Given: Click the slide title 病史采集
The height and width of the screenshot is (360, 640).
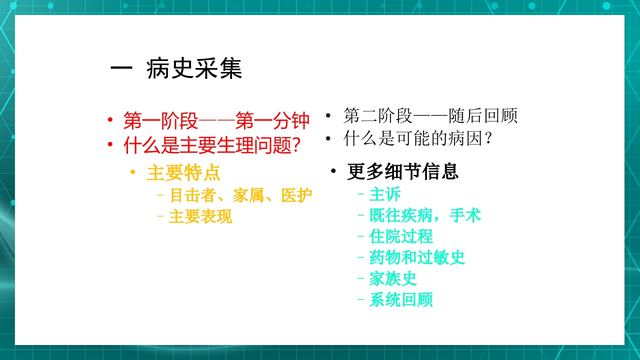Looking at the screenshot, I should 194,69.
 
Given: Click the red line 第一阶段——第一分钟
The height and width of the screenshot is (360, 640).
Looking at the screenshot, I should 216,120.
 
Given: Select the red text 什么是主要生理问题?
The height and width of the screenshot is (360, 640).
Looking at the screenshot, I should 212,146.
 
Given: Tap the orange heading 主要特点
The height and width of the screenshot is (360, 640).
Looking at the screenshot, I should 183,173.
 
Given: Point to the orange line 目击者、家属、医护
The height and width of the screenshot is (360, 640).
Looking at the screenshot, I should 241,195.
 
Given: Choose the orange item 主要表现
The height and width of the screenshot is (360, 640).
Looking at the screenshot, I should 200,217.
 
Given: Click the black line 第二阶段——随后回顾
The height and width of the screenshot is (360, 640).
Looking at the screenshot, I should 430,116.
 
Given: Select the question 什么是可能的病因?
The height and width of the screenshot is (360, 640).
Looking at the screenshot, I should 418,139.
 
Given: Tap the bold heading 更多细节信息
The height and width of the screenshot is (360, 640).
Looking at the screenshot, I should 403,172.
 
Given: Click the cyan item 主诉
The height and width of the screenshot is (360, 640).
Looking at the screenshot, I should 385,194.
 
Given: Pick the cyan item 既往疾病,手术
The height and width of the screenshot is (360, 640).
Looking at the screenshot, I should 425,215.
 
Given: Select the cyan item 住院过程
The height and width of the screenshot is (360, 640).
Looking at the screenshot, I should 401,236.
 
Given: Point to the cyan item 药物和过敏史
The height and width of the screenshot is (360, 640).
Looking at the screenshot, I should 417,257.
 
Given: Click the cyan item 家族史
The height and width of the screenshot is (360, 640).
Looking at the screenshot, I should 393,278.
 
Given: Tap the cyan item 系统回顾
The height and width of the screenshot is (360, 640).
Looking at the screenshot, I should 401,300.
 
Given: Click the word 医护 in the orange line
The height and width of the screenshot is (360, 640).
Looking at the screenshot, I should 297,195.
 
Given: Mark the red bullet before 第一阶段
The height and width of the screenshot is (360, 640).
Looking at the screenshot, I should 109,120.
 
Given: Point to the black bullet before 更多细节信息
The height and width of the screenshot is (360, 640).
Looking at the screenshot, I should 333,172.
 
